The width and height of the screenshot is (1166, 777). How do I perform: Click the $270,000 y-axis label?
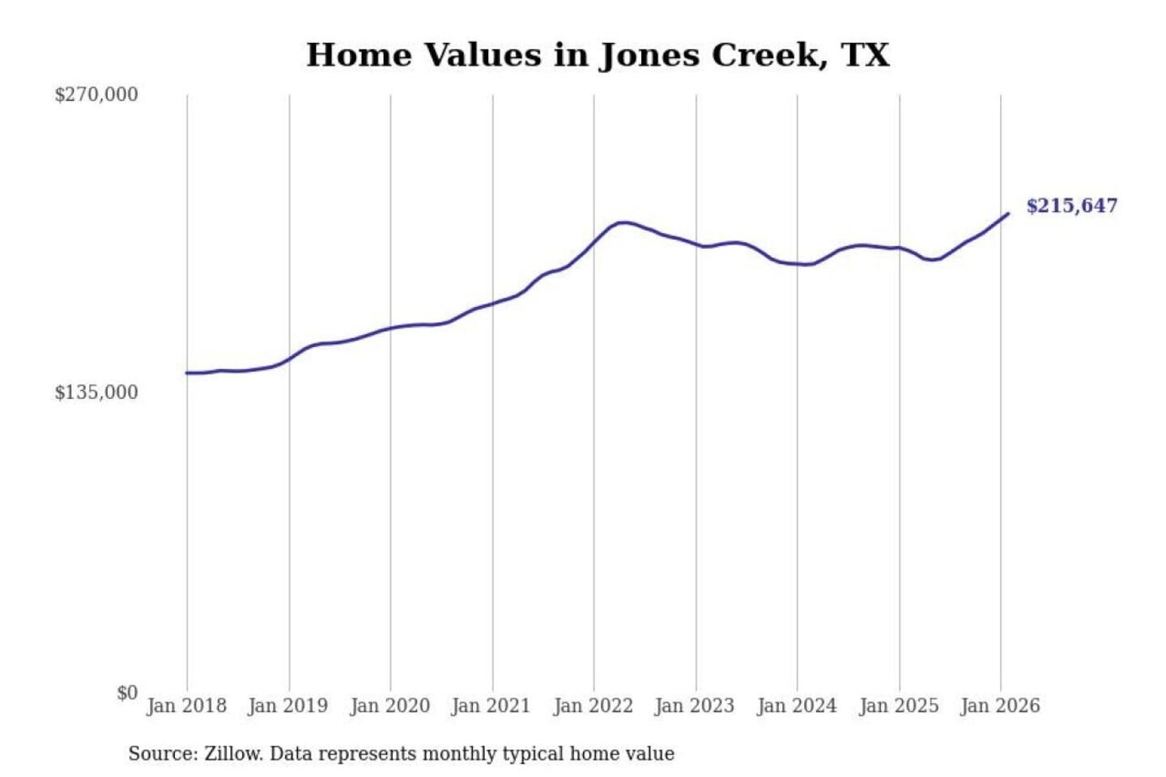[96, 95]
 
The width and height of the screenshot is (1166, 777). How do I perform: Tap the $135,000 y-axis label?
[96, 393]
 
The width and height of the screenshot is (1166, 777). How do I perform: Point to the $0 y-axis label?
[127, 693]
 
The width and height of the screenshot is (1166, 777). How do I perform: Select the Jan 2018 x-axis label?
[186, 706]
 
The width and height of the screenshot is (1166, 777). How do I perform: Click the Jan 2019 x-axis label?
[288, 706]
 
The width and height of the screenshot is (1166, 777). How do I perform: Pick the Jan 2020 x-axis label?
[389, 706]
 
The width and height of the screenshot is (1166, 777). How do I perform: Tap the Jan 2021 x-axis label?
[492, 706]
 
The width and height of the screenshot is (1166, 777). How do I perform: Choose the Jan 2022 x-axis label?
[593, 706]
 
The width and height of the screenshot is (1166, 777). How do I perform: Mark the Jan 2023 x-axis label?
[695, 706]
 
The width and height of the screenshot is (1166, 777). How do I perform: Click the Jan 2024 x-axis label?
[797, 706]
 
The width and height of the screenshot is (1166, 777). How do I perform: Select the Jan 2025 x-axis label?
[899, 706]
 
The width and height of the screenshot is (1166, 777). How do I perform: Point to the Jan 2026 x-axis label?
[1000, 706]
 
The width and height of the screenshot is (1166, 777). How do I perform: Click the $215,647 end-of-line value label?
[1071, 206]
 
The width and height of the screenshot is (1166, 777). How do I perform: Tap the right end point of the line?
[1008, 214]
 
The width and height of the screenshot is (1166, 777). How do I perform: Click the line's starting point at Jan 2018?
[187, 373]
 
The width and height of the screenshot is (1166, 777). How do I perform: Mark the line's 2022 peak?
[622, 222]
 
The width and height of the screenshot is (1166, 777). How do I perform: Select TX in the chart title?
[865, 55]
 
